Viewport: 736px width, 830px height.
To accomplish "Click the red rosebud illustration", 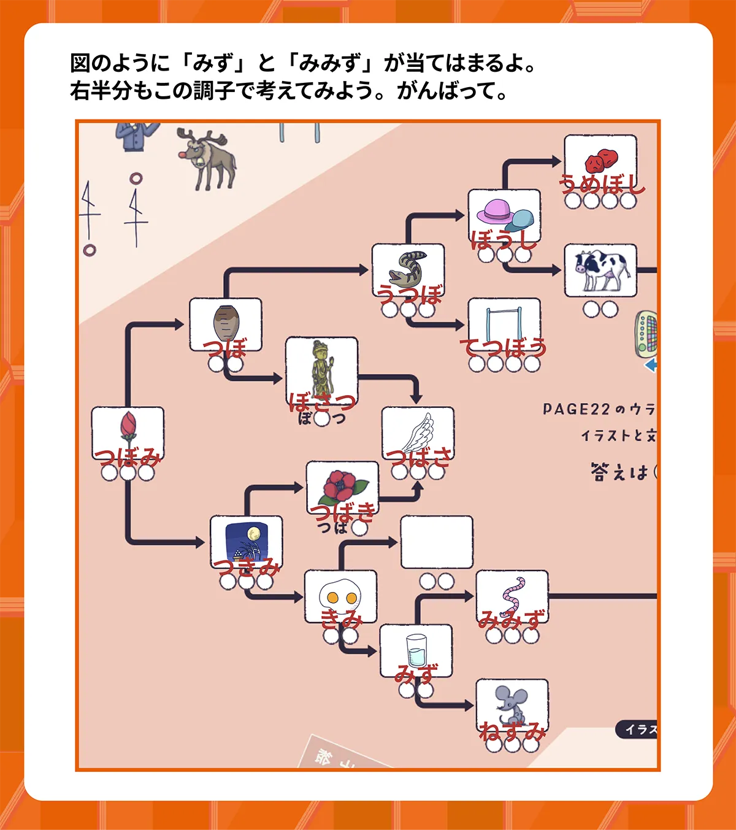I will (x=128, y=427).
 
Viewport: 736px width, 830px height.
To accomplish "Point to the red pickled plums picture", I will (x=600, y=160).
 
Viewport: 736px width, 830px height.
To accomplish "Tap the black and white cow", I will (x=600, y=269).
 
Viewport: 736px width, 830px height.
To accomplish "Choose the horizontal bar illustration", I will (x=504, y=323).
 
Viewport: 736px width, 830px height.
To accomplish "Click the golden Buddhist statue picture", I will (x=321, y=368).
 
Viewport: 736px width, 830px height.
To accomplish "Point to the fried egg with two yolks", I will (x=340, y=596).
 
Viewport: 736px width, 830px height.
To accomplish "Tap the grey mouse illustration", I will (x=512, y=704).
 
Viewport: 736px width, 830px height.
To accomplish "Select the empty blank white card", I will (x=437, y=542).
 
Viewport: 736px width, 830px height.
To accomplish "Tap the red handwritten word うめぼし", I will (x=602, y=183).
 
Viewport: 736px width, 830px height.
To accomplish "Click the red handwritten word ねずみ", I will (x=512, y=732).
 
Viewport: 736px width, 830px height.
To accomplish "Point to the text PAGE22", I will (x=576, y=409).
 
